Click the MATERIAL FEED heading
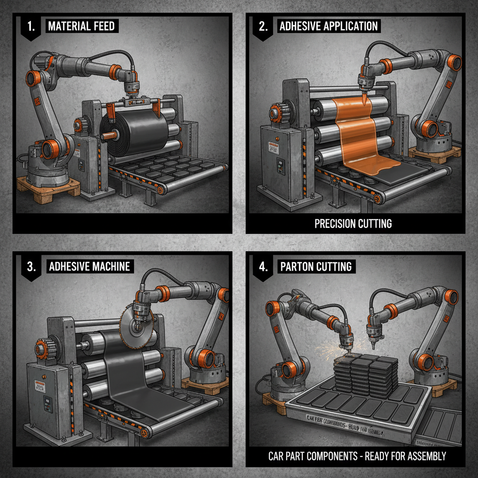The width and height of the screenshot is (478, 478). tap(81, 26)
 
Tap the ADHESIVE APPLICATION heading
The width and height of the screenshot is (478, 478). tap(328, 26)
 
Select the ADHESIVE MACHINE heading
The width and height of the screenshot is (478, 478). tap(89, 267)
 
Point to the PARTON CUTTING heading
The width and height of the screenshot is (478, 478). tap(316, 267)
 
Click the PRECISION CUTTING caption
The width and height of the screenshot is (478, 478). tap(353, 224)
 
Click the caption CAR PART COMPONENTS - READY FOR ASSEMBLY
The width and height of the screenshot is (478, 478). tap(357, 456)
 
